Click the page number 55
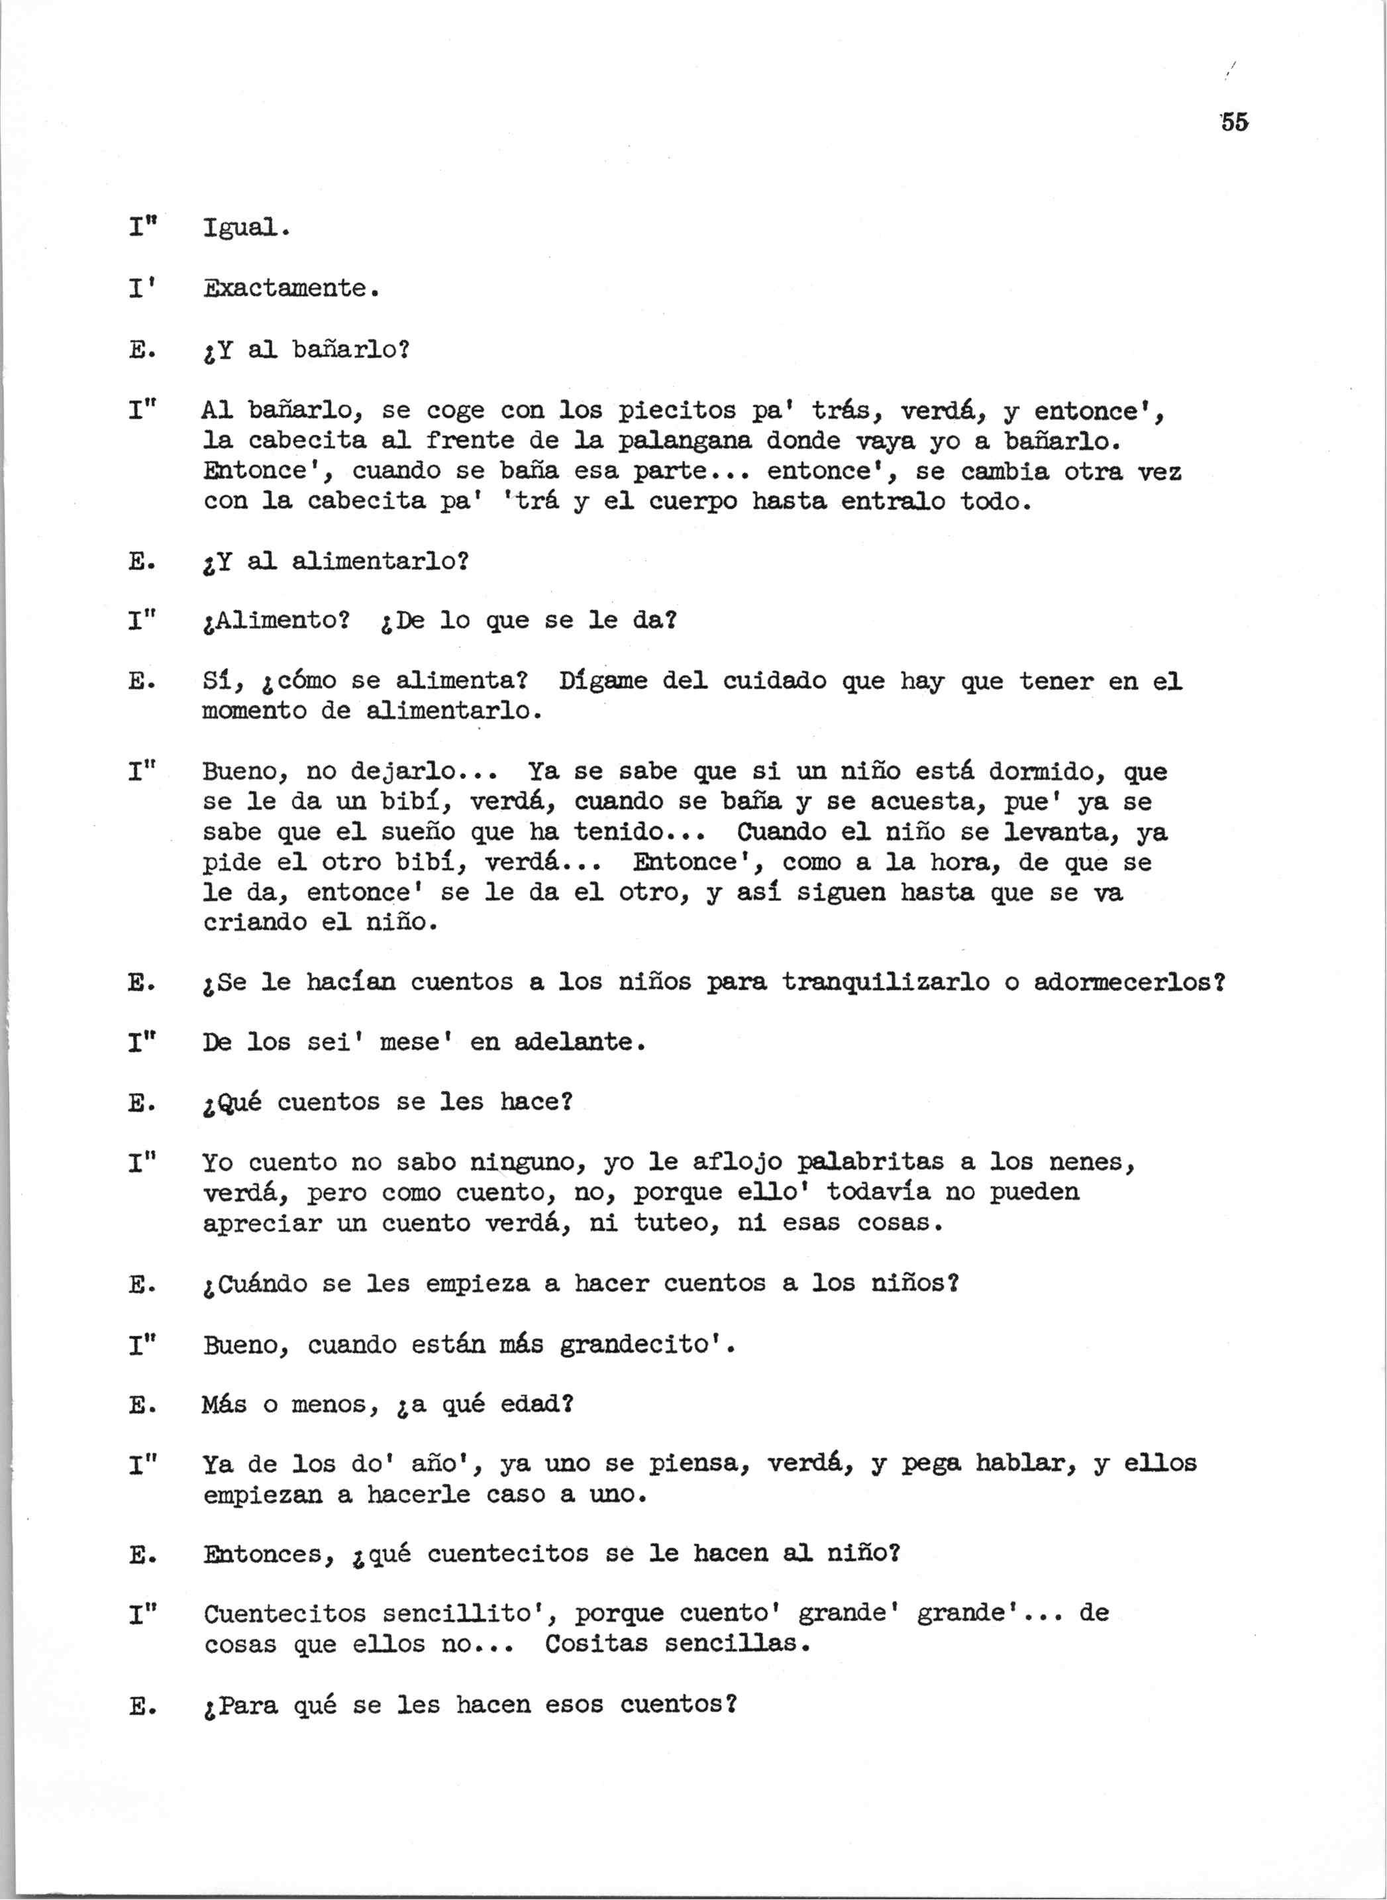(x=1233, y=122)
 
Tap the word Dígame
(x=603, y=681)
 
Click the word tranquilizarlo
(x=886, y=982)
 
